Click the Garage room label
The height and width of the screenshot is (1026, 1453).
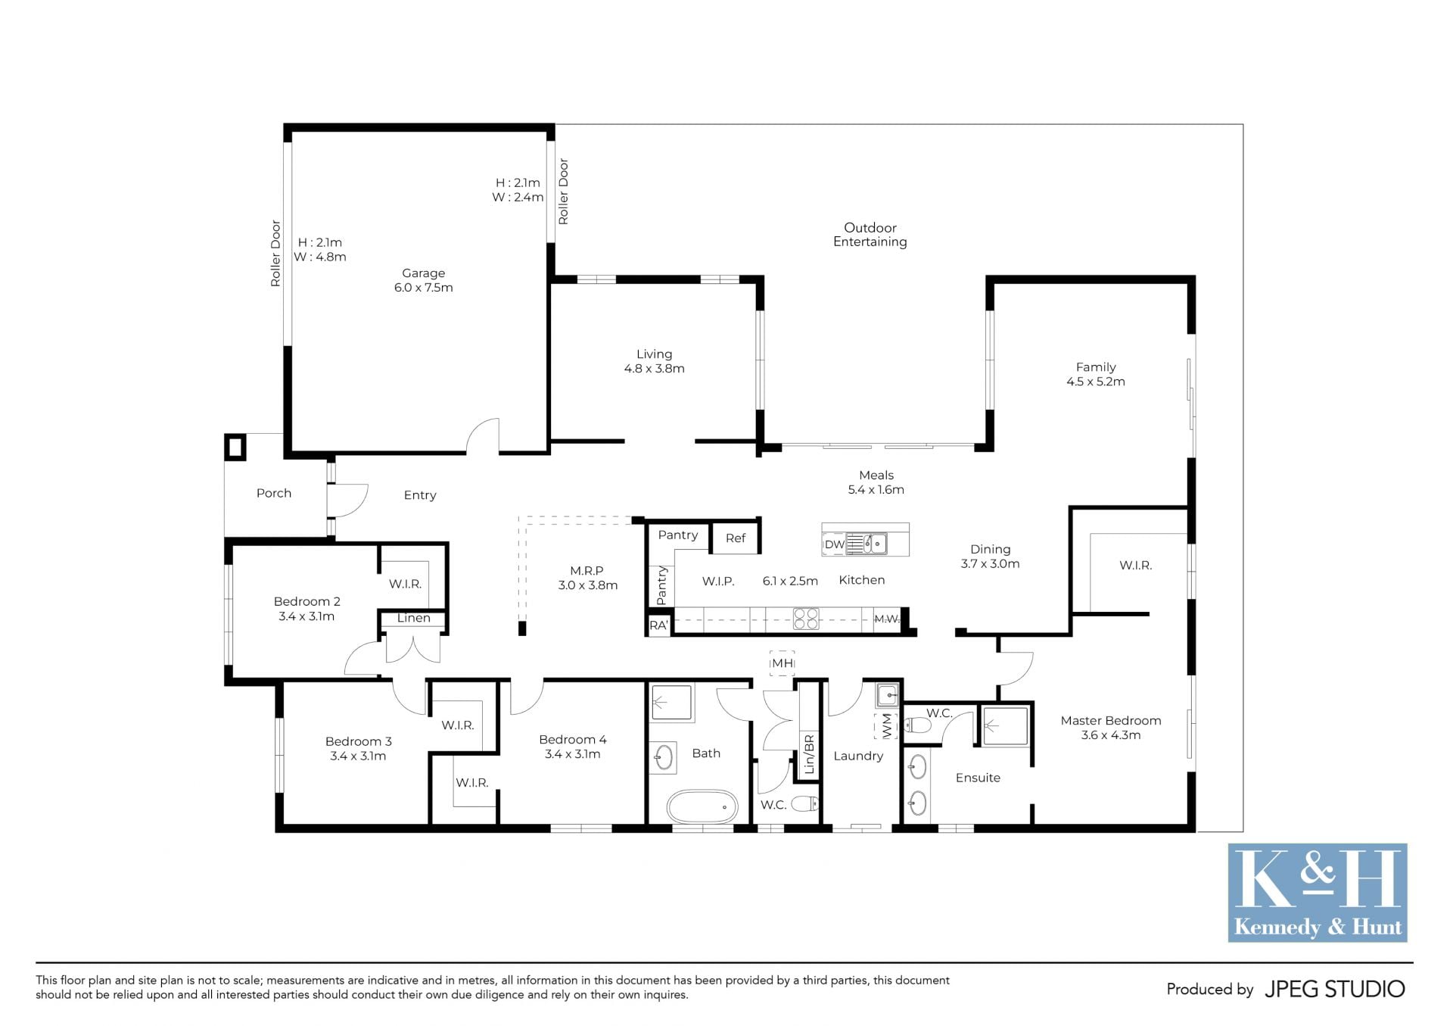coord(423,273)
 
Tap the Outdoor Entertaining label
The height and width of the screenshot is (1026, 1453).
coord(870,235)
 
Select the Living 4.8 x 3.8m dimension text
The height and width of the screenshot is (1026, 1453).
coord(654,369)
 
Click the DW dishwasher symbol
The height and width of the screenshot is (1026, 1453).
coord(834,544)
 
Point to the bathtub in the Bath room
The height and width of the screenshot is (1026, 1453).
coord(702,807)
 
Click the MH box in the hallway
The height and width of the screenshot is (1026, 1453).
coord(782,663)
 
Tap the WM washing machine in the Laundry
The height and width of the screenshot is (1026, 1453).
coord(886,725)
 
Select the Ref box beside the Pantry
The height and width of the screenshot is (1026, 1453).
coord(736,538)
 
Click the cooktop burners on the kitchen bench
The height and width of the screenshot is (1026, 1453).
coord(806,619)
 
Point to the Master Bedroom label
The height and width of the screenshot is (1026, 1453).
coord(1110,720)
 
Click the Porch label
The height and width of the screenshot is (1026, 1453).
coord(273,493)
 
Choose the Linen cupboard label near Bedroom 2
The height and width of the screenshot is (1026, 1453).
coord(413,618)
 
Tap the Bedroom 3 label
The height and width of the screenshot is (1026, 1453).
coord(358,741)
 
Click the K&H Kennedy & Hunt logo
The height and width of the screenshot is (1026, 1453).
coord(1317,893)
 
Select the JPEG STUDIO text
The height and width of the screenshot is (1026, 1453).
coord(1334,989)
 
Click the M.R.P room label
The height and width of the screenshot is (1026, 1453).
coord(586,571)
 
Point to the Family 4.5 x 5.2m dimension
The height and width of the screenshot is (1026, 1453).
coord(1095,382)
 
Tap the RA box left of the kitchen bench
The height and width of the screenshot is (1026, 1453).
coord(658,625)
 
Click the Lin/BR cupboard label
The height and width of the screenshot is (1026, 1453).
coord(809,754)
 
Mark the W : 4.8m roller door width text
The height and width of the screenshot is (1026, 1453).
coord(320,257)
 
